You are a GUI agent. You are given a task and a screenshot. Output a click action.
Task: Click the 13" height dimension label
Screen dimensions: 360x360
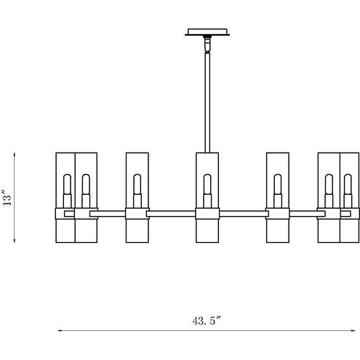tap(7, 197)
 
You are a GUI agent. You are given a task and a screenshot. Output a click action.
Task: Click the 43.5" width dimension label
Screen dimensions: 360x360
tap(207, 321)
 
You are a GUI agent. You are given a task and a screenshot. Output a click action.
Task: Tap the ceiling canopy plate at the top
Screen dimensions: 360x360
tap(207, 32)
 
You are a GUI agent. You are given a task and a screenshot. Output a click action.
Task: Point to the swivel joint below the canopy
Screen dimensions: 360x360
tap(207, 44)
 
